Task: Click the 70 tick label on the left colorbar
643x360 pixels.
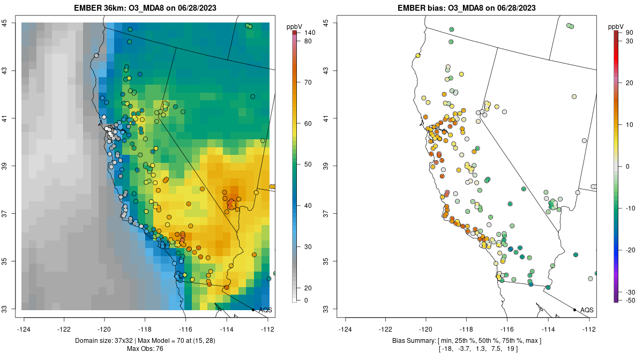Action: tap(308, 82)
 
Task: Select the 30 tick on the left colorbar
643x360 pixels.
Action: tap(308, 247)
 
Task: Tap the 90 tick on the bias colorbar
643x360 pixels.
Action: tap(630, 33)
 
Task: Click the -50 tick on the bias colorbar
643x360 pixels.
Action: tap(630, 301)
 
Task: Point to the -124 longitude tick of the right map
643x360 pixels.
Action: tap(346, 329)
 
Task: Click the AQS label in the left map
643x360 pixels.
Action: tap(265, 310)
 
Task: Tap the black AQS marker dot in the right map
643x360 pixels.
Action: tap(574, 310)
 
